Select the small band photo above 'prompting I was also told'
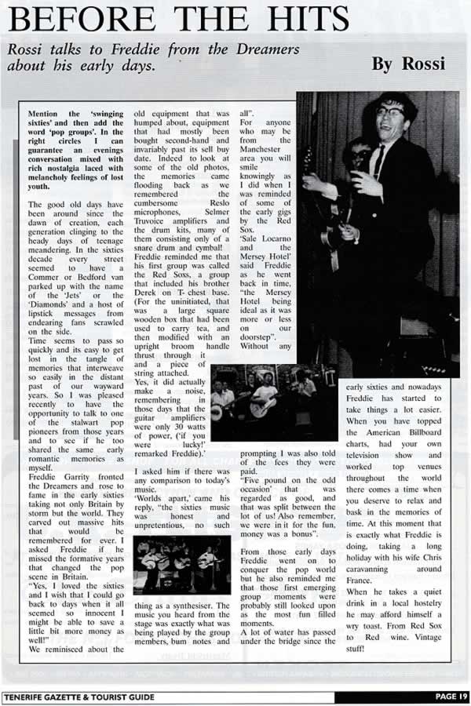(263, 402)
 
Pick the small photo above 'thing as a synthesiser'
(181, 565)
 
